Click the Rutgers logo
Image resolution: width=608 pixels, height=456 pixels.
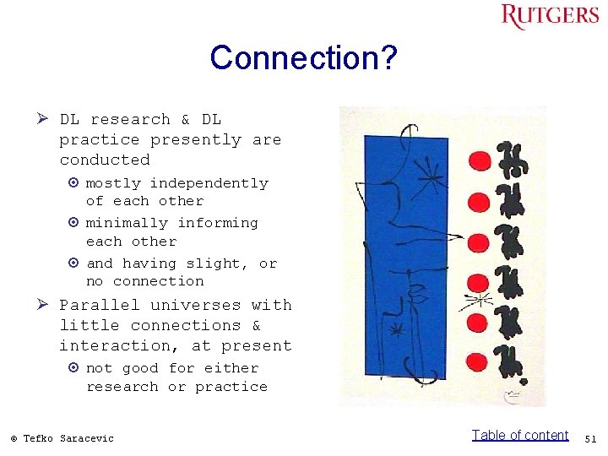point(549,17)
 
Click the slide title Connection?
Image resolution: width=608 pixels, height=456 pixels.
point(304,58)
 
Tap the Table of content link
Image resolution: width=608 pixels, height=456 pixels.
point(520,435)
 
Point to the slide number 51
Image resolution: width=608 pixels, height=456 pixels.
point(590,438)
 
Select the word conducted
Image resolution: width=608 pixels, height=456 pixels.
point(105,160)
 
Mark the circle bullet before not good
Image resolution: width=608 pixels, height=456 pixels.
point(74,368)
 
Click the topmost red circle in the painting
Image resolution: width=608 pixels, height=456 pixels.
point(480,160)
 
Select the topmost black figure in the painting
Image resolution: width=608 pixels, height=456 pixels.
point(510,158)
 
